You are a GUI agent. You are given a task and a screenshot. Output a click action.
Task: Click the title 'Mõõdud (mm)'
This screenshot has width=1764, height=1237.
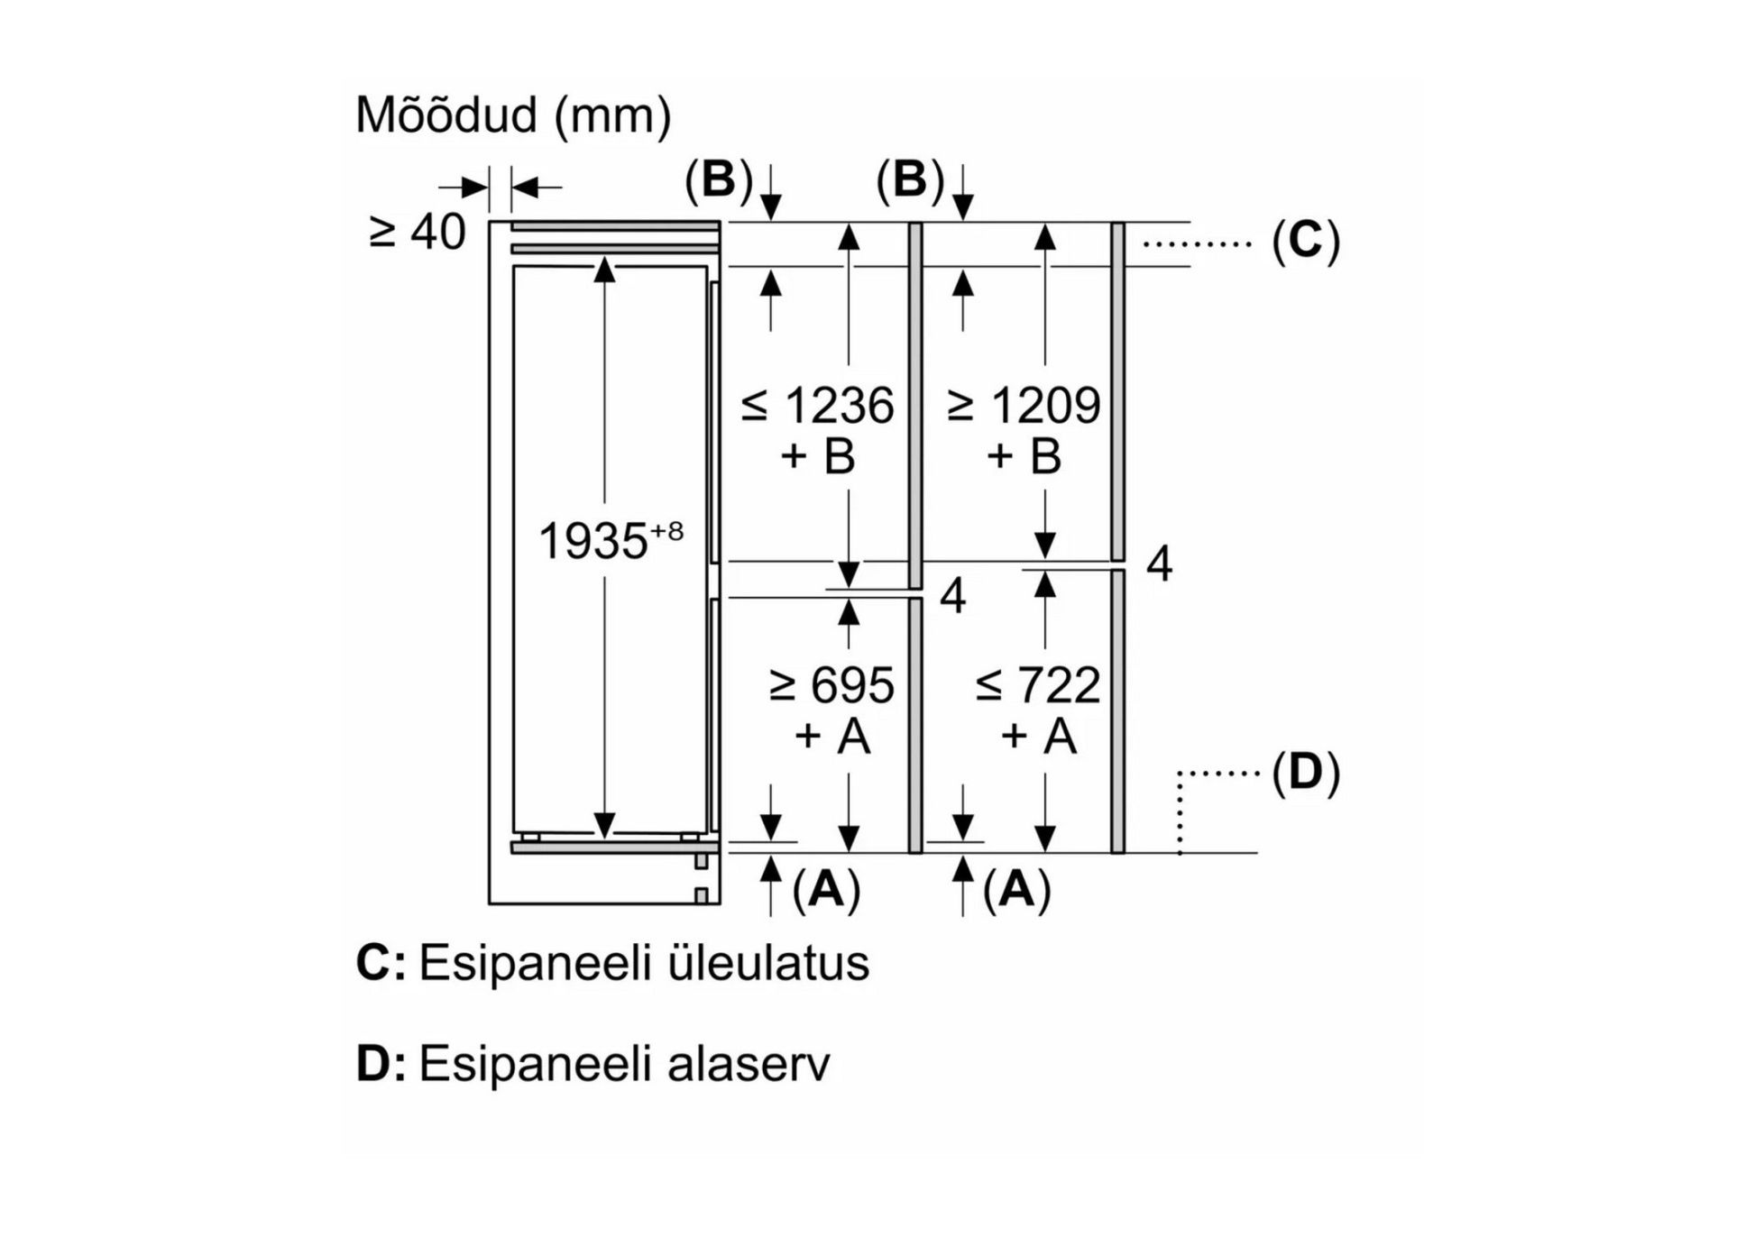(x=513, y=115)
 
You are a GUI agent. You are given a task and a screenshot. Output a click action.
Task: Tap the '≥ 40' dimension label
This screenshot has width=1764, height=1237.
(x=418, y=232)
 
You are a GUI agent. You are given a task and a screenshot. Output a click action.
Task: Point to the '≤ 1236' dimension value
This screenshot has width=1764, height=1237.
(x=817, y=406)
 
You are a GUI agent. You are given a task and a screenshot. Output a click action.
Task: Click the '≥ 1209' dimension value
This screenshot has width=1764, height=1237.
(x=1024, y=406)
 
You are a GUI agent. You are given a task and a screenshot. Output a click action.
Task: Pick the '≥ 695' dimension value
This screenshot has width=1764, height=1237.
(x=831, y=685)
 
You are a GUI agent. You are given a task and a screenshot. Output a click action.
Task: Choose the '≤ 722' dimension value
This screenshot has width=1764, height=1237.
(x=1038, y=685)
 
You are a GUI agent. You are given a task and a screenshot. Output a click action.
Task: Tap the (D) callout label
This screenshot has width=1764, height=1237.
(x=1305, y=773)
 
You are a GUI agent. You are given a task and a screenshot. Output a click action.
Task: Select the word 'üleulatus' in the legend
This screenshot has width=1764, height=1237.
(x=768, y=963)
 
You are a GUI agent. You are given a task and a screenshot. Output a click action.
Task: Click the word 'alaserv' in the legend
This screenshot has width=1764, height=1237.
(x=749, y=1064)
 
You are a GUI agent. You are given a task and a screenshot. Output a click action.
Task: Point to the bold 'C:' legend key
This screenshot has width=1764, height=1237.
(x=380, y=963)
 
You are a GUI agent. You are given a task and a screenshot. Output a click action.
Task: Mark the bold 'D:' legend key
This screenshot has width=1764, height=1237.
(x=380, y=1064)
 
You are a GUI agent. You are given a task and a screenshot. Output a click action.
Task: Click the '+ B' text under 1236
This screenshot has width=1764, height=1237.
(x=817, y=456)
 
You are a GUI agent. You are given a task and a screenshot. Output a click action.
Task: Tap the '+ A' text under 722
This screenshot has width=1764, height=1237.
(x=1038, y=736)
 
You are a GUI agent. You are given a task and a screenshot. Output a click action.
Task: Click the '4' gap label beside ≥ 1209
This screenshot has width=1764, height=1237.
(x=1159, y=564)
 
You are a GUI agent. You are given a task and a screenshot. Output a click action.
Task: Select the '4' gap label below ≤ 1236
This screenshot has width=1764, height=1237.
(x=952, y=596)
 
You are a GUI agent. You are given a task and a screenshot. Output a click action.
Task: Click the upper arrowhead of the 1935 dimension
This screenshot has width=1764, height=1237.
(x=604, y=269)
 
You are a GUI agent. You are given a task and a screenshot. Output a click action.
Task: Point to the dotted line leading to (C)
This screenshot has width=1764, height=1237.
(x=1197, y=243)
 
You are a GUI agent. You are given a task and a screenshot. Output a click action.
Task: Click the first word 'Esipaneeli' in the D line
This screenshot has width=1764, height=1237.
(x=535, y=1064)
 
